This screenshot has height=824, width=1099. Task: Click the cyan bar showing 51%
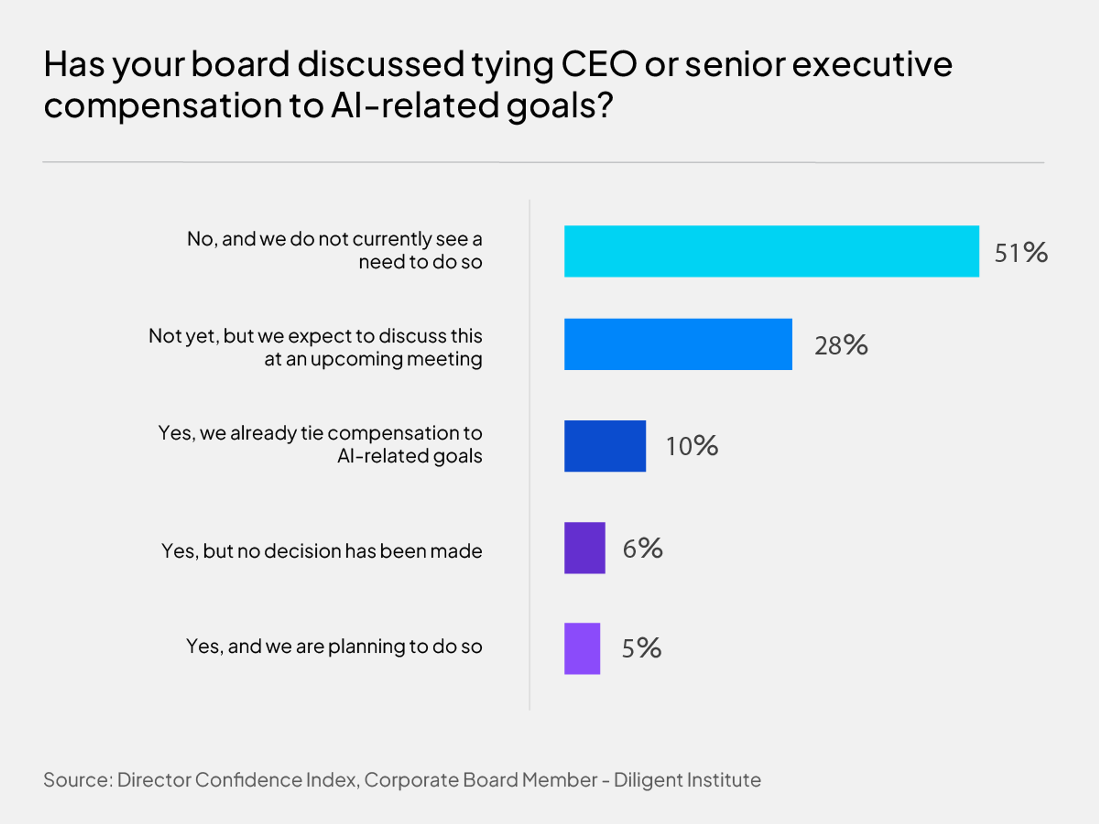pos(772,251)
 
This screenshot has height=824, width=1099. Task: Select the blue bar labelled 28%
pos(678,344)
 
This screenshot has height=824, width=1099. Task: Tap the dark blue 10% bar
pos(605,446)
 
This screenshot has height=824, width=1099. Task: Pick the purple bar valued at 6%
pos(585,548)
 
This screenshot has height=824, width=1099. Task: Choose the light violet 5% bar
pos(582,649)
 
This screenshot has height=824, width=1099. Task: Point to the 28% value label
pos(841,345)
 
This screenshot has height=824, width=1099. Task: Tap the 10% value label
pos(692,446)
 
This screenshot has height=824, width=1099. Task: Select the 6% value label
pos(643,548)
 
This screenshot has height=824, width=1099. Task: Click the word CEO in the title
pos(599,65)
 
